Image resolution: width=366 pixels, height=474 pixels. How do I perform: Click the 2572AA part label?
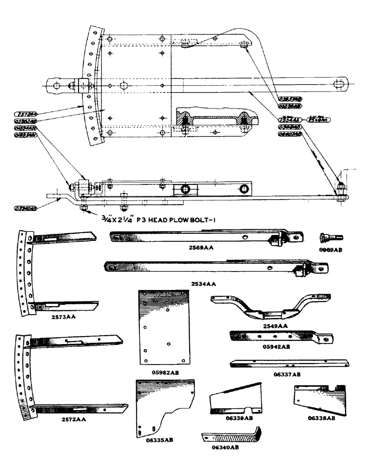click(x=63, y=419)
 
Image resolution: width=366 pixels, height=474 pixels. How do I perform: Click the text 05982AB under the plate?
click(x=162, y=372)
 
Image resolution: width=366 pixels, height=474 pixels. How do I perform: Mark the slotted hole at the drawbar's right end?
click(x=340, y=84)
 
